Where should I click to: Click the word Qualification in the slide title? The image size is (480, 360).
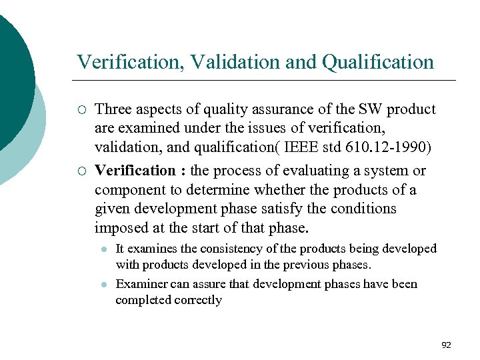[x=377, y=63]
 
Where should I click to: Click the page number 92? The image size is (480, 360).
[x=446, y=345]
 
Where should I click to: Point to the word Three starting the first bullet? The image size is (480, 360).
[x=113, y=109]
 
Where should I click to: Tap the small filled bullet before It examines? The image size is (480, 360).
[x=104, y=249]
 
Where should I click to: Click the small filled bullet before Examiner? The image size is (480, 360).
[x=104, y=284]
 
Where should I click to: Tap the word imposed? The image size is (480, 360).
[x=121, y=228]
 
